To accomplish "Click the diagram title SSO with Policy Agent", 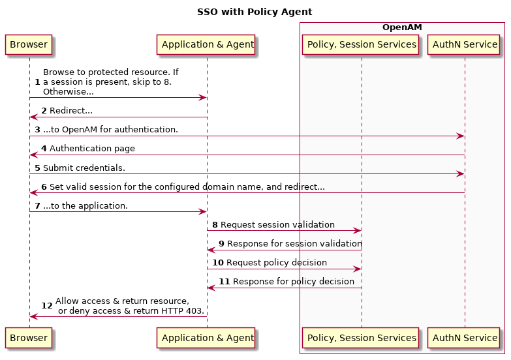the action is (255, 12).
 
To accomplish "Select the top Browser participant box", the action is (29, 44).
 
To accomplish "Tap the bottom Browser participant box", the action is (29, 338).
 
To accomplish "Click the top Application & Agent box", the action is (206, 44).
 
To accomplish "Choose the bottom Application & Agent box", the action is (206, 338).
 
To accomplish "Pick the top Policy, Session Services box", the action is (360, 44).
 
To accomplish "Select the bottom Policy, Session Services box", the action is (360, 338).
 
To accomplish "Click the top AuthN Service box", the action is (464, 44).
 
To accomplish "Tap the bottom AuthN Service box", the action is (464, 338).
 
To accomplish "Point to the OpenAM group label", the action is (402, 27).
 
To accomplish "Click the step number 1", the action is (37, 82).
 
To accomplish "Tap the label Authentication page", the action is (92, 149).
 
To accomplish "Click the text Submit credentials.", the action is (84, 168).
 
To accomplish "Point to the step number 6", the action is (44, 187).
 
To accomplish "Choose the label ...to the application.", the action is (85, 206).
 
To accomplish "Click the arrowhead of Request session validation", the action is (358, 231).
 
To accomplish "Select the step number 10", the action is (218, 263).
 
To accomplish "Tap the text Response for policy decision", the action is (293, 282).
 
